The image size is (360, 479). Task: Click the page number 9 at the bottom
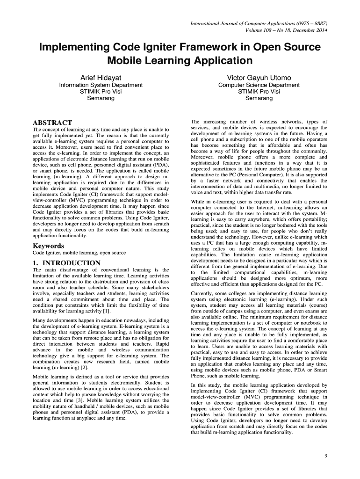point(325,456)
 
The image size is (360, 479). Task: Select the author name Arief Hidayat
point(101,77)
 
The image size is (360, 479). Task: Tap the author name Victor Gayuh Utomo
point(259,77)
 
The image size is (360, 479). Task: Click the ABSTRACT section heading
point(52,123)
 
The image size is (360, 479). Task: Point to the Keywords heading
point(48,246)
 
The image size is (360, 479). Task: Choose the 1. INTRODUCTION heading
point(66,263)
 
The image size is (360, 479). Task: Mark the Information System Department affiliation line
point(101,85)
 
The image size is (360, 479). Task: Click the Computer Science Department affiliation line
point(259,85)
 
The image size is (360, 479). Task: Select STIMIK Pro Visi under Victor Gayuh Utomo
point(259,92)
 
